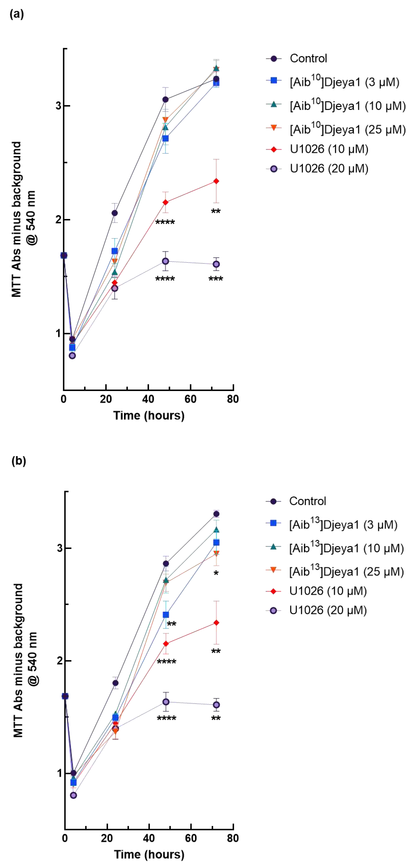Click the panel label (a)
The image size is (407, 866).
pyautogui.click(x=16, y=14)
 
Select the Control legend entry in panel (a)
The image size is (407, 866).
pyautogui.click(x=308, y=59)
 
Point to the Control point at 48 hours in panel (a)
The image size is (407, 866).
pyautogui.click(x=165, y=99)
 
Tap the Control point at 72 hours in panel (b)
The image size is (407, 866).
pyautogui.click(x=216, y=514)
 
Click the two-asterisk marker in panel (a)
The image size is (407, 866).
pyautogui.click(x=216, y=211)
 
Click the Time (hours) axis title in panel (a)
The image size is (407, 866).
pyautogui.click(x=149, y=416)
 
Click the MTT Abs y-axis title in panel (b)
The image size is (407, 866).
pyautogui.click(x=25, y=661)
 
